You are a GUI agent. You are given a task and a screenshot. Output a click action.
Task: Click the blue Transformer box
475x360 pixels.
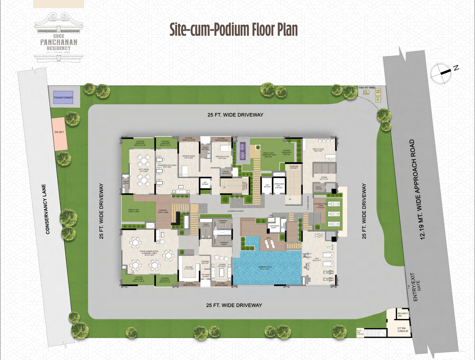63,97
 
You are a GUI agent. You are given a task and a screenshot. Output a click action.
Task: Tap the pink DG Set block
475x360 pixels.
59,133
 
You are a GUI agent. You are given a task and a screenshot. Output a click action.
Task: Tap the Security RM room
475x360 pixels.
402,314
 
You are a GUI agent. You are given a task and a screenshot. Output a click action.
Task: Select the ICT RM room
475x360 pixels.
402,330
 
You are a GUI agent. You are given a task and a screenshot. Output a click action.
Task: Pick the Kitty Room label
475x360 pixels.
144,170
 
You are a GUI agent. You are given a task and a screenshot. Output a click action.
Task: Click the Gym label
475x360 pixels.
317,259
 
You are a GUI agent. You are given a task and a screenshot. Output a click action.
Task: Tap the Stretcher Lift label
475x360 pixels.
279,186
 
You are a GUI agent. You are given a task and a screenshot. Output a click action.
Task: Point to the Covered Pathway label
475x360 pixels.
236,211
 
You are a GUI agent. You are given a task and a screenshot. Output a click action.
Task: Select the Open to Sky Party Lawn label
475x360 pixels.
134,211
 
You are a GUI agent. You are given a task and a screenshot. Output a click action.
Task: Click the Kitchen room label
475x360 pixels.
189,268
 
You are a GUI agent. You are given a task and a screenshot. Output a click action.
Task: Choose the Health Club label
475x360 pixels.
318,150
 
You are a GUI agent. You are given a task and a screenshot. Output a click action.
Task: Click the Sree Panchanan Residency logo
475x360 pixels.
59,37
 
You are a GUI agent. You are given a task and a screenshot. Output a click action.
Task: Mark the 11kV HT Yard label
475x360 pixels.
367,88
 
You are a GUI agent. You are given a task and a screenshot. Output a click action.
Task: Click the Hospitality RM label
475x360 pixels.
222,157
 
